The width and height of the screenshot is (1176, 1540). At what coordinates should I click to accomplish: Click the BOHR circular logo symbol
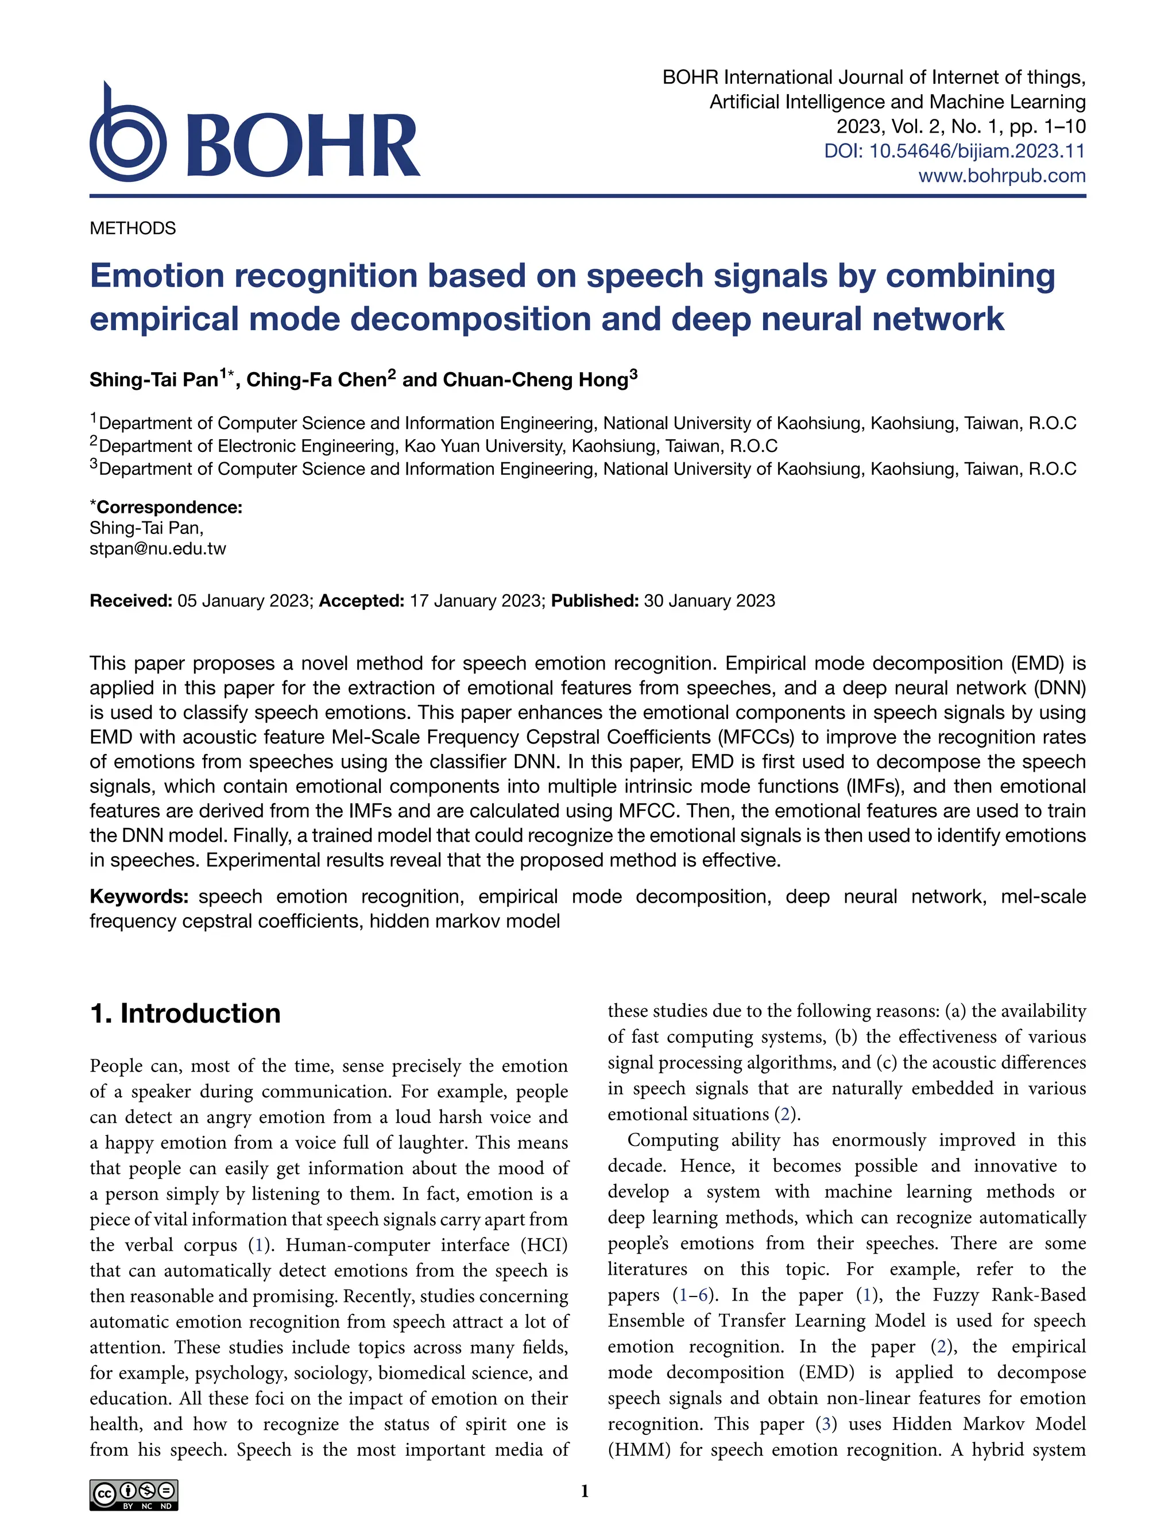(x=128, y=138)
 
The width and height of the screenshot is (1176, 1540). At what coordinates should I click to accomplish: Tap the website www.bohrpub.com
(x=1001, y=176)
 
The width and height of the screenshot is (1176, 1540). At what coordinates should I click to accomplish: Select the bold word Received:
(x=131, y=601)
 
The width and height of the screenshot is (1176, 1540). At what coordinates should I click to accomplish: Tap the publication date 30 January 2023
(x=709, y=601)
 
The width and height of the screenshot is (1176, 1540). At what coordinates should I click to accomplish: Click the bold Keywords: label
(x=138, y=897)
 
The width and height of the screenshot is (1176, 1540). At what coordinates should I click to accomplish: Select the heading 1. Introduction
(x=185, y=1013)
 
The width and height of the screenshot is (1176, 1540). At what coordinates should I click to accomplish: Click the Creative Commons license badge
(x=134, y=1495)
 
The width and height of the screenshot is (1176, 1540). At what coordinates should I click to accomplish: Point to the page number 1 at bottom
(x=585, y=1491)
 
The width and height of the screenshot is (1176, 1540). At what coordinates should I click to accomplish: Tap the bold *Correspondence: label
(x=166, y=507)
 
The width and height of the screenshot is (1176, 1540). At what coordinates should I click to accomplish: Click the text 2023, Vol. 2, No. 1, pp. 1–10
(x=961, y=127)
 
